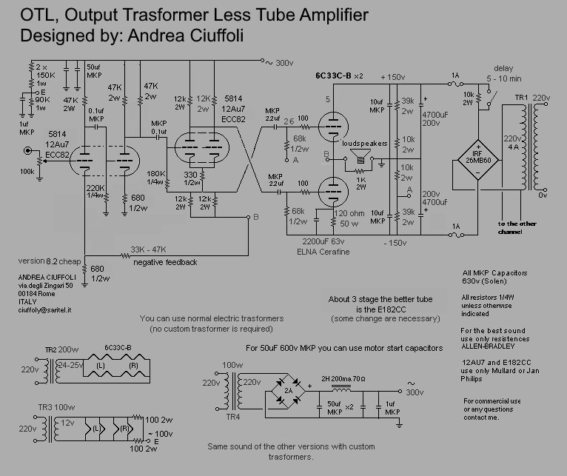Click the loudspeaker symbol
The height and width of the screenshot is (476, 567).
point(361,156)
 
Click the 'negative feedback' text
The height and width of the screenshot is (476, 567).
point(165,262)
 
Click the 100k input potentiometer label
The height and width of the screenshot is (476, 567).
point(27,172)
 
